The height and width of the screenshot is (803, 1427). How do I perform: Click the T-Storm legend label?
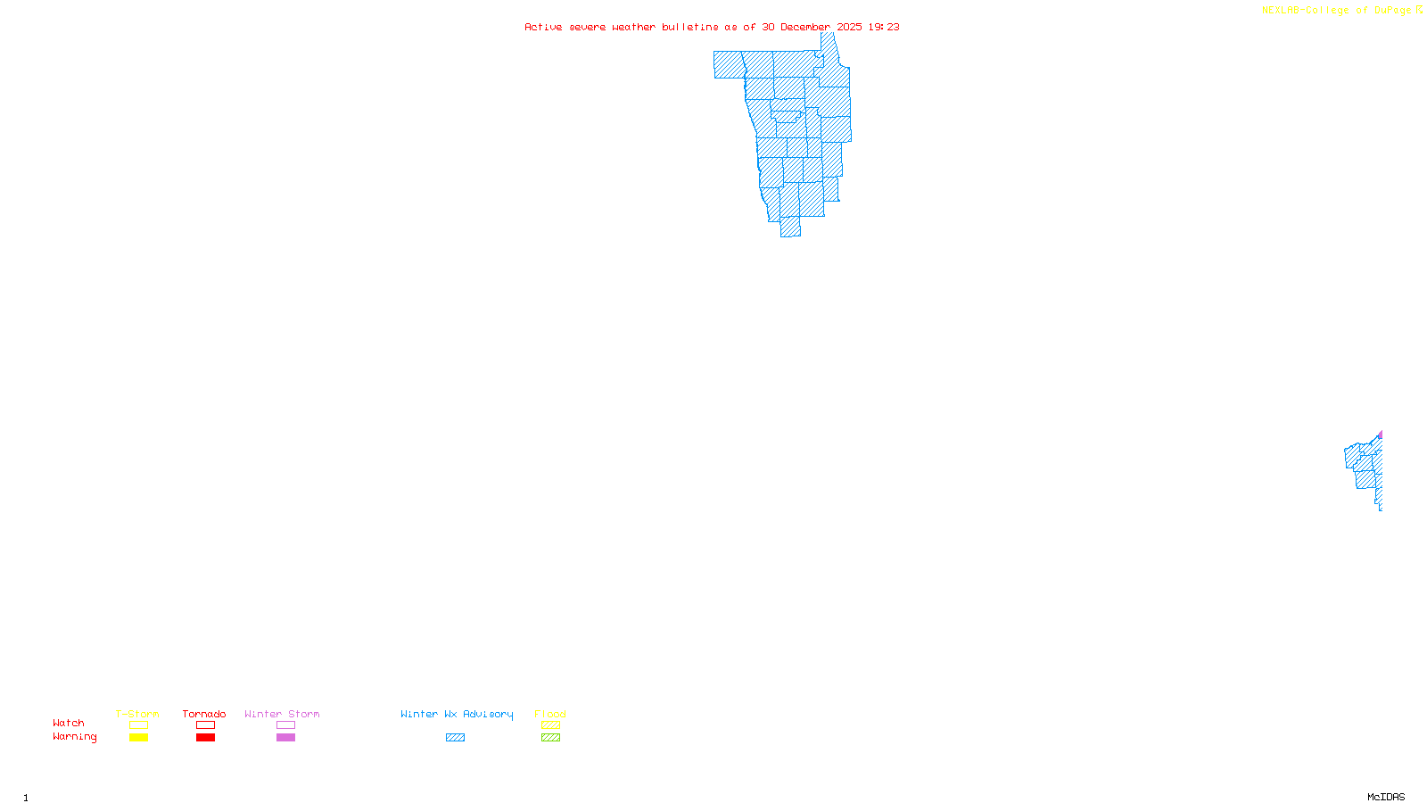[x=137, y=714]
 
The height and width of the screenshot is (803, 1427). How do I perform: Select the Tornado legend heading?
[x=204, y=714]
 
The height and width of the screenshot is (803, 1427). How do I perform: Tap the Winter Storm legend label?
[x=282, y=714]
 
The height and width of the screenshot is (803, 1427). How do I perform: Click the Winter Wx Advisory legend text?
[x=457, y=714]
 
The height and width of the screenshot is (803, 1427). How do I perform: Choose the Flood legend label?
[x=550, y=714]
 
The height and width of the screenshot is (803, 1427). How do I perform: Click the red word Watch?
[x=69, y=723]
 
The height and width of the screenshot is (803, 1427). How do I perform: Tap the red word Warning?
[x=74, y=737]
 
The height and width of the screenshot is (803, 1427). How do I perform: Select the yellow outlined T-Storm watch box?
[x=138, y=725]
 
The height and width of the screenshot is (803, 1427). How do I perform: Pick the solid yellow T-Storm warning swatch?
[x=138, y=738]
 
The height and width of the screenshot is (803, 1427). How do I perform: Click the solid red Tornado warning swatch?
[x=206, y=738]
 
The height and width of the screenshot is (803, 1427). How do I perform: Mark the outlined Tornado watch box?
[x=206, y=725]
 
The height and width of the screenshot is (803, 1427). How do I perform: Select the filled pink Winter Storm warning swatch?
[x=285, y=738]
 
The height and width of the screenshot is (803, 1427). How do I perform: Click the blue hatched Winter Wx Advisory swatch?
[x=455, y=738]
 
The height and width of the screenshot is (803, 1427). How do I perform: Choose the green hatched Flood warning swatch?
[x=551, y=738]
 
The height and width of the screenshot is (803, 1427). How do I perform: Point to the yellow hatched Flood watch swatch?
[x=551, y=725]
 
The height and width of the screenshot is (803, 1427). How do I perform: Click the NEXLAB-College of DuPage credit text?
[x=1337, y=11]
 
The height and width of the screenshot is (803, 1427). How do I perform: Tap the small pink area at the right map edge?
[x=1381, y=435]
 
